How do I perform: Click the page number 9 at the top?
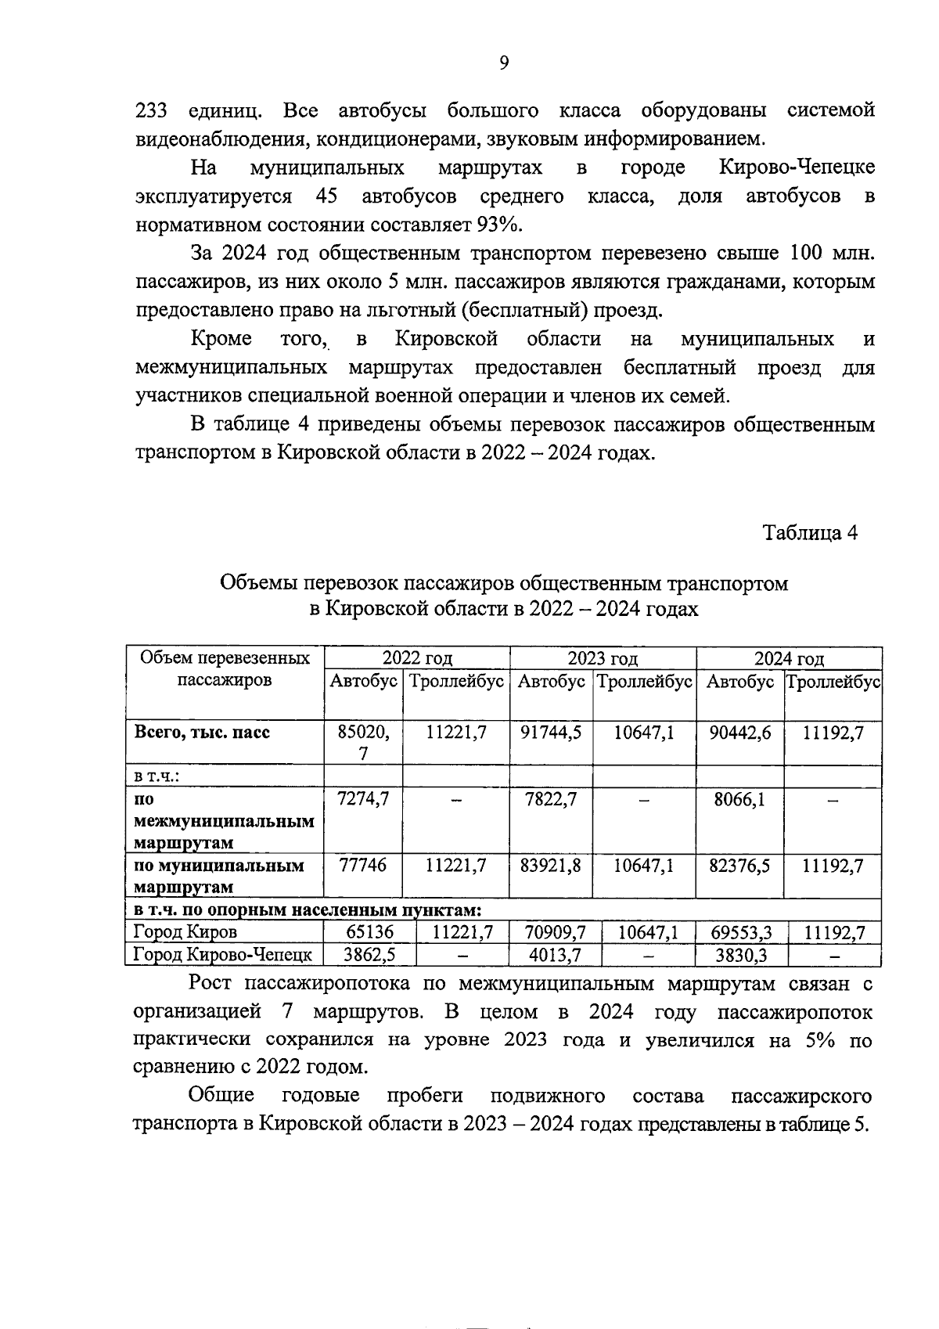pyautogui.click(x=504, y=63)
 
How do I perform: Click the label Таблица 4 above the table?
pyautogui.click(x=810, y=533)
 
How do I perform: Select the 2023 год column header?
pyautogui.click(x=602, y=658)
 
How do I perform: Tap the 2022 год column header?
pyautogui.click(x=417, y=658)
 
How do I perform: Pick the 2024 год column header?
pyautogui.click(x=788, y=658)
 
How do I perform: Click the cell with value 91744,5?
pyautogui.click(x=551, y=733)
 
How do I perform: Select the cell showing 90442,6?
pyautogui.click(x=739, y=733)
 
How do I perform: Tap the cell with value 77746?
pyautogui.click(x=363, y=866)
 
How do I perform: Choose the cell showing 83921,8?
pyautogui.click(x=551, y=866)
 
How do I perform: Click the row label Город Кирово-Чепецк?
pyautogui.click(x=222, y=955)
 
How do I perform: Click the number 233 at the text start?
pyautogui.click(x=151, y=111)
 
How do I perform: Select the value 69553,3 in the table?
pyautogui.click(x=741, y=932)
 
